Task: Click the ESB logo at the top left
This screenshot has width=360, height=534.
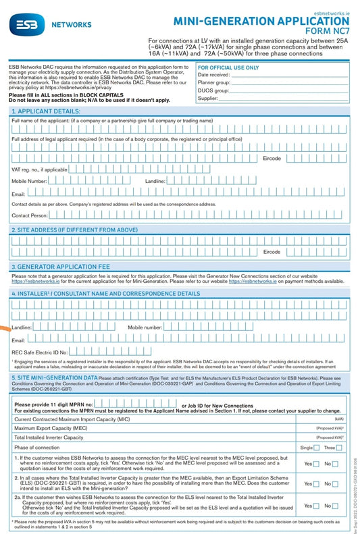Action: (22, 26)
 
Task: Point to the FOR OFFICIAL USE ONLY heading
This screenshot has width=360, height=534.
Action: (228, 68)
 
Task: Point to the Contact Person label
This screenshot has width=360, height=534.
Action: (30, 215)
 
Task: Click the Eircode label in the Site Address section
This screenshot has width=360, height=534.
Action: (272, 252)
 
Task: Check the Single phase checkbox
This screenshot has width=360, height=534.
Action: (316, 448)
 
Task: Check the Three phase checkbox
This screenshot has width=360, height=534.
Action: (338, 448)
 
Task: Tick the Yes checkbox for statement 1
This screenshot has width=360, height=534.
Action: (316, 464)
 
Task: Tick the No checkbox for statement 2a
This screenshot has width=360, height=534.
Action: (338, 506)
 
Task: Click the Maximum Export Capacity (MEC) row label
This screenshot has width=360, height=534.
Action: (51, 428)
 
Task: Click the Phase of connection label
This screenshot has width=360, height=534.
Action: (38, 448)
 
